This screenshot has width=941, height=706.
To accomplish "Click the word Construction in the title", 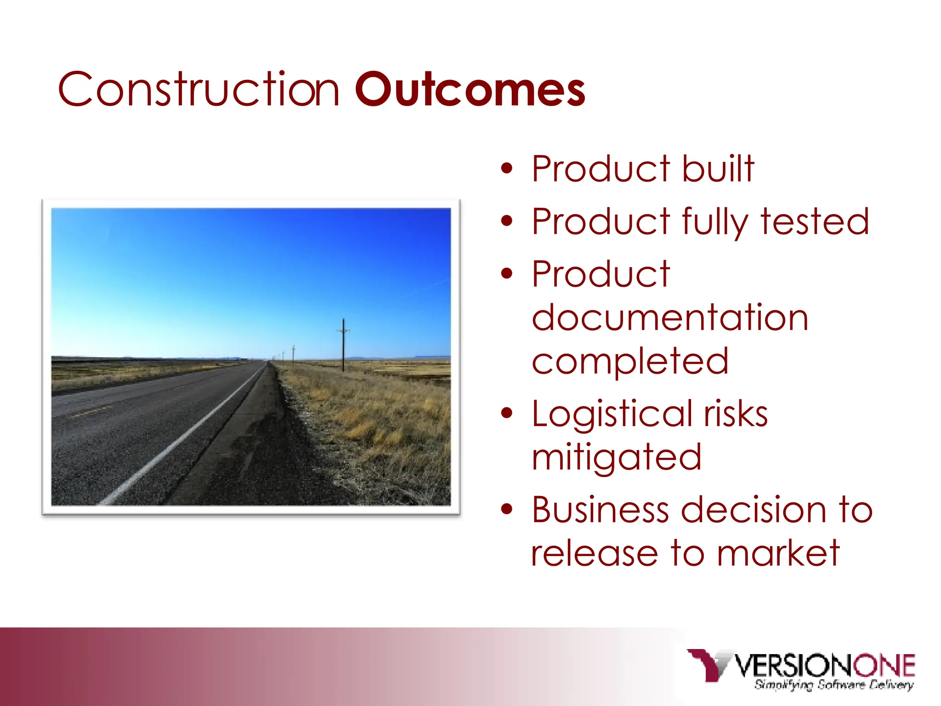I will pyautogui.click(x=198, y=90).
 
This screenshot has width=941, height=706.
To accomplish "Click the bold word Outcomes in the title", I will pyautogui.click(x=470, y=90).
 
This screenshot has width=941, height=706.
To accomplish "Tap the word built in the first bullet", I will pyautogui.click(x=718, y=169).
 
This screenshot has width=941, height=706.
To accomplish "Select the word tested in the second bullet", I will pyautogui.click(x=815, y=222).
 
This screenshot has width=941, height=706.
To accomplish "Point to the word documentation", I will pyautogui.click(x=669, y=318).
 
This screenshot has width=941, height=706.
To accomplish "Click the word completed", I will pyautogui.click(x=629, y=361).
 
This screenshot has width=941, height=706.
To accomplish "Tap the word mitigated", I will pyautogui.click(x=616, y=457).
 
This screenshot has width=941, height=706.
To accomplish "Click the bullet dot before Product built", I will pyautogui.click(x=506, y=169).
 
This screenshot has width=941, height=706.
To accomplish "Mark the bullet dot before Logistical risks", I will pyautogui.click(x=506, y=414).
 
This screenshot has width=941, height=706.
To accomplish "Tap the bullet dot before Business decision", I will pyautogui.click(x=506, y=510).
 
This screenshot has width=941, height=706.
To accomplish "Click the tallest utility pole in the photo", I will pyautogui.click(x=343, y=345).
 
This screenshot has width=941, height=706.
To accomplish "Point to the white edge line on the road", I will pyautogui.click(x=184, y=437).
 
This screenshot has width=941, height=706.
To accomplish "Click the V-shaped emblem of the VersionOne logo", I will pyautogui.click(x=709, y=664).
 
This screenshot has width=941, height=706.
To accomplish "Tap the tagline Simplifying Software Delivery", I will pyautogui.click(x=833, y=685).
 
